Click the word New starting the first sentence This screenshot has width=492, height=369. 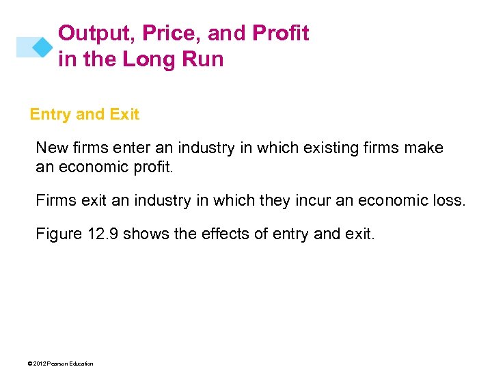click(x=50, y=148)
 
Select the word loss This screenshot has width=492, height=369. click(x=450, y=201)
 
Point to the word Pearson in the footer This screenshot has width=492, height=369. click(x=59, y=364)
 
